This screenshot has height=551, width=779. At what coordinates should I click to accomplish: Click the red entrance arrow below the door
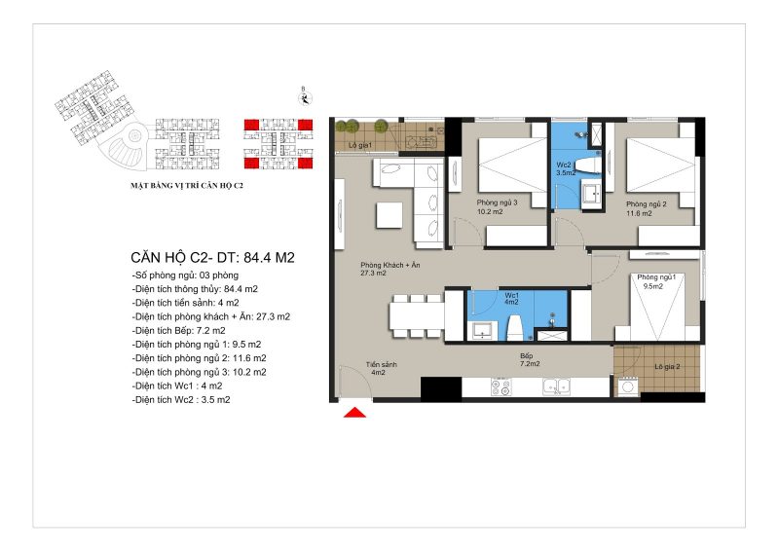(354, 413)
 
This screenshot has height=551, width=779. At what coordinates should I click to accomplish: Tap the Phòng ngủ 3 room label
(497, 207)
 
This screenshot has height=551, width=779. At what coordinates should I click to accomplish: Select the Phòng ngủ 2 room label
(646, 208)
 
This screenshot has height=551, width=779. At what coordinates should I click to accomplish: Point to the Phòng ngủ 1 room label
(656, 281)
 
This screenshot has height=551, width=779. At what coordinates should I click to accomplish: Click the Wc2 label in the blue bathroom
(566, 169)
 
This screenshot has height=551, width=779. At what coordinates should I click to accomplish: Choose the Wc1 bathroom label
(512, 299)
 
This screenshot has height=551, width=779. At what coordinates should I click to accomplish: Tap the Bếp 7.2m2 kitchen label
(530, 360)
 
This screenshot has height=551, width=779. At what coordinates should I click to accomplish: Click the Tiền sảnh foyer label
(381, 368)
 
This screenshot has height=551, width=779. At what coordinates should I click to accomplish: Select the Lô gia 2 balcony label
(667, 367)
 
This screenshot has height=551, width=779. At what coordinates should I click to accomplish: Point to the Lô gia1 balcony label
(360, 145)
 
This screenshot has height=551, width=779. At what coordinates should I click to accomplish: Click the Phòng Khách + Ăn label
(390, 269)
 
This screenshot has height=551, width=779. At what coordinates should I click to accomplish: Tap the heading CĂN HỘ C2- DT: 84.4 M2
(212, 257)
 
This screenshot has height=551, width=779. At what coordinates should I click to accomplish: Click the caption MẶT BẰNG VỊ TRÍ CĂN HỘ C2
(187, 186)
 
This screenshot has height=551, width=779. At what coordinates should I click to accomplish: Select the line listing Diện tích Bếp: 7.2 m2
(179, 330)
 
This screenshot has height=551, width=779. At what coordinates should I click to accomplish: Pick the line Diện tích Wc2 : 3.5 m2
(181, 399)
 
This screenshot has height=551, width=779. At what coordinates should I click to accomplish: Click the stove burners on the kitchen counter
(501, 387)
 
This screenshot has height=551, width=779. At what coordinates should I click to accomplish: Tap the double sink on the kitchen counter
(556, 386)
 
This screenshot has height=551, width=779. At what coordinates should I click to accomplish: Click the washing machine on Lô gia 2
(627, 386)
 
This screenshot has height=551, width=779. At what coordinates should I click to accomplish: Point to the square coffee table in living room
(389, 214)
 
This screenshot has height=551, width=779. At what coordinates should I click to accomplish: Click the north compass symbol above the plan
(305, 98)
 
